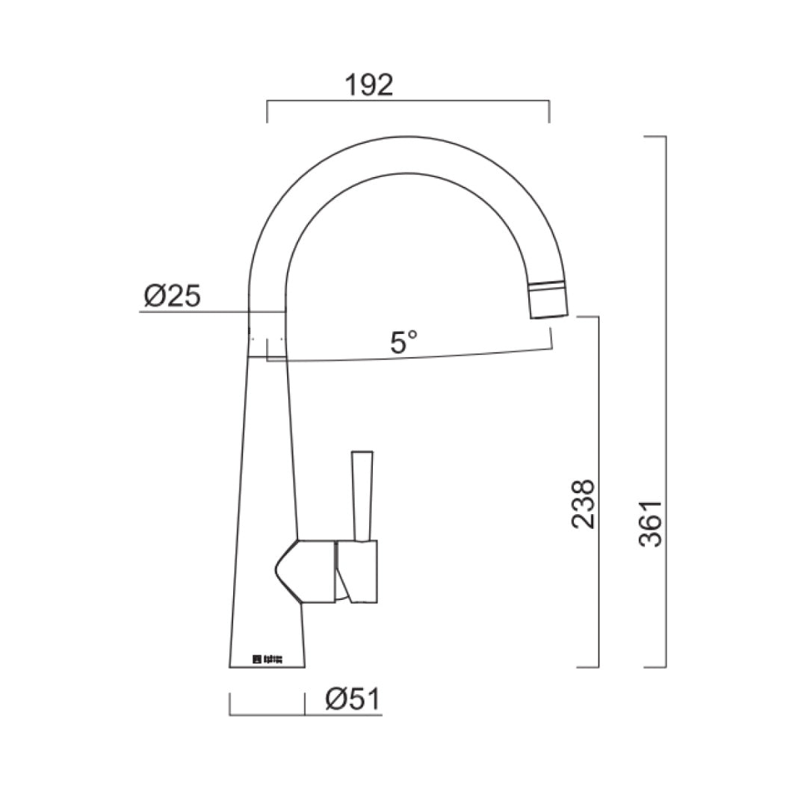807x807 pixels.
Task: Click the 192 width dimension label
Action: coord(368,85)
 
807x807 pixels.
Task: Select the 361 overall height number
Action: coord(652,523)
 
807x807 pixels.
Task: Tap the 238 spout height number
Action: coord(584,504)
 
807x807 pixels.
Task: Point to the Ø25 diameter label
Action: coord(172,297)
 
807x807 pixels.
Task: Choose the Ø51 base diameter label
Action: coord(353,700)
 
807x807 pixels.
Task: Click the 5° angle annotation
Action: coord(403,343)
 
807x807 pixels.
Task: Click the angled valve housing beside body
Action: coord(303,572)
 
